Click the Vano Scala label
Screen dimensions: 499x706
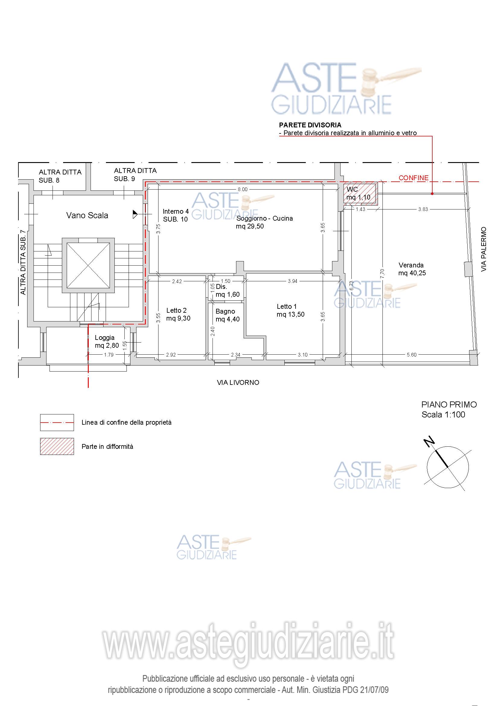click(87, 215)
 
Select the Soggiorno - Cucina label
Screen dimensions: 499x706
click(264, 219)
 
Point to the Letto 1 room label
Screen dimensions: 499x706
click(286, 307)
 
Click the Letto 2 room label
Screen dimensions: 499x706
click(177, 311)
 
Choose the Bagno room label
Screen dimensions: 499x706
click(225, 311)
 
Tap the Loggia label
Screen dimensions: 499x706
click(104, 338)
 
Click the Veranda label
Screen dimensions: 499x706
click(411, 265)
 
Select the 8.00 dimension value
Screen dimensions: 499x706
click(243, 190)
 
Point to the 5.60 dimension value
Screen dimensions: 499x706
click(412, 355)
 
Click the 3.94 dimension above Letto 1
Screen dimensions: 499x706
click(293, 281)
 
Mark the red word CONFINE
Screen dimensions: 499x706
click(414, 178)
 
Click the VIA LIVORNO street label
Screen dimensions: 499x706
click(238, 382)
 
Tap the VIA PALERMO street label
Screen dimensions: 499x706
click(484, 249)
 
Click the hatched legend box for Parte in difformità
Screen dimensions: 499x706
click(57, 446)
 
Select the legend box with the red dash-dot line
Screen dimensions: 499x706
click(57, 423)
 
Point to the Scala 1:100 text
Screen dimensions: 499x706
click(443, 415)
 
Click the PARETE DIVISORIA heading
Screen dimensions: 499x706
click(310, 125)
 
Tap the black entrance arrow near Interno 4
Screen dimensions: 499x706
click(135, 214)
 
